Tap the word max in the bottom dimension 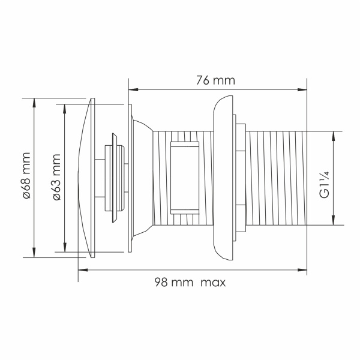[x=213, y=282]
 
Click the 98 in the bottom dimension [x=160, y=282]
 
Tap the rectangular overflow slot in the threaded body [x=184, y=178]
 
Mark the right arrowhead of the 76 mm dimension [x=304, y=90]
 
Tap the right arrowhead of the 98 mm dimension [x=304, y=271]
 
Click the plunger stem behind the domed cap [x=115, y=178]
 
